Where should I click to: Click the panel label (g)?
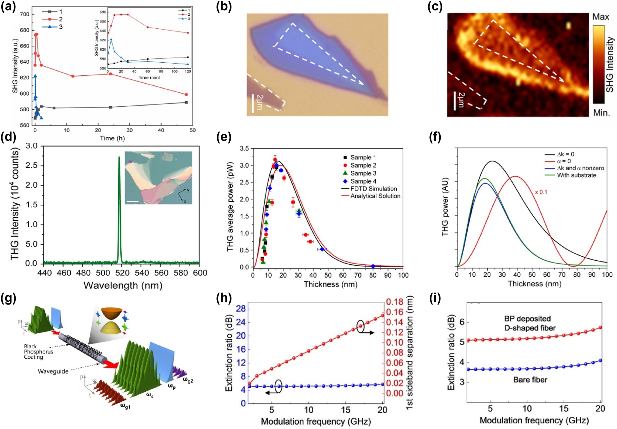pos(8,298)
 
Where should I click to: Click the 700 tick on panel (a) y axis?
pos(25,14)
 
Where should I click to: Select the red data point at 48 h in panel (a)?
pos(186,95)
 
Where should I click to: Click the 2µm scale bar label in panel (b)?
pos(260,102)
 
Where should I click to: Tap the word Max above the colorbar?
pos(600,17)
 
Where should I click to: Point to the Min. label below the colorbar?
pos(601,113)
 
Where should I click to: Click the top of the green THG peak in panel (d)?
pos(119,158)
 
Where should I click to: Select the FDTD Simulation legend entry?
pos(373,189)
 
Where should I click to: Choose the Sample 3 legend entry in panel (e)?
pos(363,173)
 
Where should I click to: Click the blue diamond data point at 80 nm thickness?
pos(373,266)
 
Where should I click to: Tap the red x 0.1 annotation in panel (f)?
pos(541,192)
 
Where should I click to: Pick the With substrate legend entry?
pos(576,175)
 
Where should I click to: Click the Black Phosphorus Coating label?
pos(38,352)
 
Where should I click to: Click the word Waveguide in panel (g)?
pos(53,371)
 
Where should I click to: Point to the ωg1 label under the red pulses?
pos(125,406)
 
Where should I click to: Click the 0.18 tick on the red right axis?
pos(395,302)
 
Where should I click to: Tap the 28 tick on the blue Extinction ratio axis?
pos(241,309)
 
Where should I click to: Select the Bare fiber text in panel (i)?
pos(530,380)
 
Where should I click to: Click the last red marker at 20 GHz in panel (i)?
pos(600,327)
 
